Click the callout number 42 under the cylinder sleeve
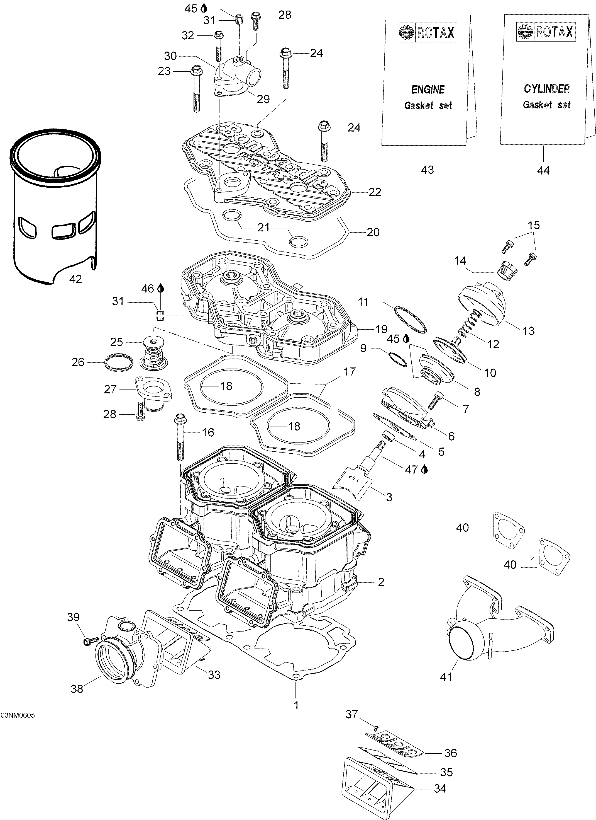(75, 279)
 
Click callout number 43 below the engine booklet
(427, 170)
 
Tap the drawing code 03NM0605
(18, 715)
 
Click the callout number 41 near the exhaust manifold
(446, 676)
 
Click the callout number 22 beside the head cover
(375, 192)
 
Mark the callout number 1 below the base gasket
(296, 705)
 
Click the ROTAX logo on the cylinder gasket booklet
(546, 32)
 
